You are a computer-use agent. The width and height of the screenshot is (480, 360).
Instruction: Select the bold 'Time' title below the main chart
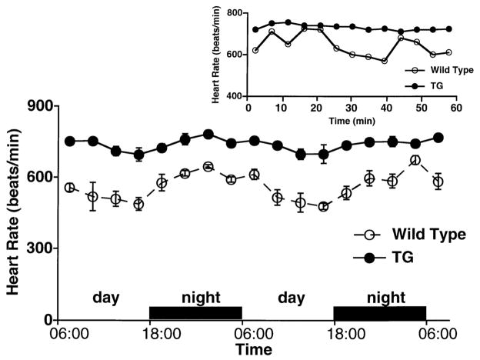pos(254,350)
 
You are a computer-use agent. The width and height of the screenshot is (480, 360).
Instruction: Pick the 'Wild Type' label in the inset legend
pos(435,67)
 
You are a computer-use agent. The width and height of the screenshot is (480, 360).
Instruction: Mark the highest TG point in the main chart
pos(208,134)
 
